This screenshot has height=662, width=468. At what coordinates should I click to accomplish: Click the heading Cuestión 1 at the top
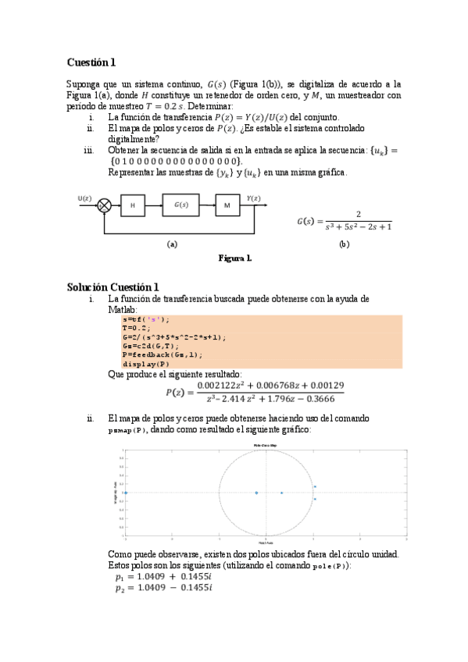coord(91,62)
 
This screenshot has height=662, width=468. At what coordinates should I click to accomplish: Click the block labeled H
coord(133,205)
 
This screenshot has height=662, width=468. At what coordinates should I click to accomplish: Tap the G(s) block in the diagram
coord(182,205)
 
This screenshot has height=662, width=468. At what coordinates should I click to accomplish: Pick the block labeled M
coord(227,205)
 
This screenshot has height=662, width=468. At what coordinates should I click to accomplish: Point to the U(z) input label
coord(85,198)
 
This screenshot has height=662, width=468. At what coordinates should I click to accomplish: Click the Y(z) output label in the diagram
coord(254,198)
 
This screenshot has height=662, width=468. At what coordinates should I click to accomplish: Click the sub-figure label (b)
coord(344,244)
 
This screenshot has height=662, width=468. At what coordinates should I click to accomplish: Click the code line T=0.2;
coord(136,328)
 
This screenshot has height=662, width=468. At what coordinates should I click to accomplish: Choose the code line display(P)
coord(145,364)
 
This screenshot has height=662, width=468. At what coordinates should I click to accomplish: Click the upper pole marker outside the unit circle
coord(314,486)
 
